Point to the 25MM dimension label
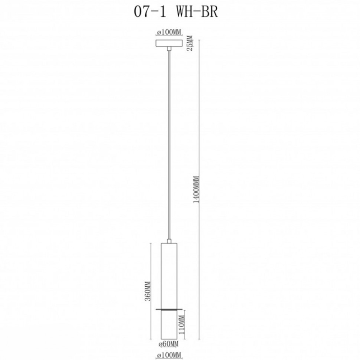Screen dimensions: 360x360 (190, 43)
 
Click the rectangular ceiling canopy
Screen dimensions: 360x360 (169, 43)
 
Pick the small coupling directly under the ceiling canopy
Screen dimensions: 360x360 (169, 49)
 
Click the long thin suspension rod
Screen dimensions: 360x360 (169, 145)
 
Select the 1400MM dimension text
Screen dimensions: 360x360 (197, 189)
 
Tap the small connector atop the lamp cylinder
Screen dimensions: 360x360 (169, 241)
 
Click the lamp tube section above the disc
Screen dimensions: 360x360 (169, 275)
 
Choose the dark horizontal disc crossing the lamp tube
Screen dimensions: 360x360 (169, 309)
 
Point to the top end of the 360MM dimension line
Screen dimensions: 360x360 (151, 243)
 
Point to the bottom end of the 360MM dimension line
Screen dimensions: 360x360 (151, 339)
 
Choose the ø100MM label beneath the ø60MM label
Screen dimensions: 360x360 (169, 356)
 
